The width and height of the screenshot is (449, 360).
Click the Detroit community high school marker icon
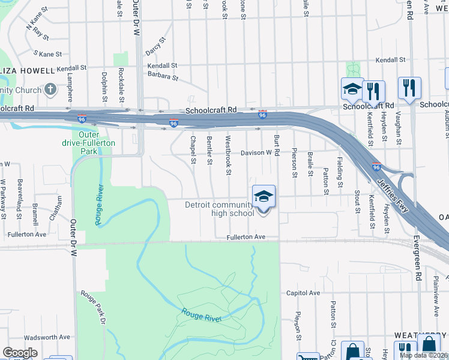[264, 197]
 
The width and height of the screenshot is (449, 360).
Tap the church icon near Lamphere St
[50, 90]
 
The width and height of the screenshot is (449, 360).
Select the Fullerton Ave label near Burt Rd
[246, 238]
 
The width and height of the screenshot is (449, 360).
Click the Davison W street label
[256, 153]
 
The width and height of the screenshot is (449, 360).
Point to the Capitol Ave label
[303, 293]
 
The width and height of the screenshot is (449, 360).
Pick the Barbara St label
[164, 77]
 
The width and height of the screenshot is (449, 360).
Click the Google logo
[20, 353]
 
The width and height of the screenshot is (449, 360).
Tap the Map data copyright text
[424, 355]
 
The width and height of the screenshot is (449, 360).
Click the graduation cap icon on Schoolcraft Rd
[352, 89]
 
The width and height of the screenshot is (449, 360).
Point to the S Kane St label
[48, 54]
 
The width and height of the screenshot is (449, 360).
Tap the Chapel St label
[193, 149]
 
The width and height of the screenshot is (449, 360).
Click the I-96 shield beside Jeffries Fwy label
[376, 167]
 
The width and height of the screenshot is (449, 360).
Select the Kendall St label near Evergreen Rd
[391, 61]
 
